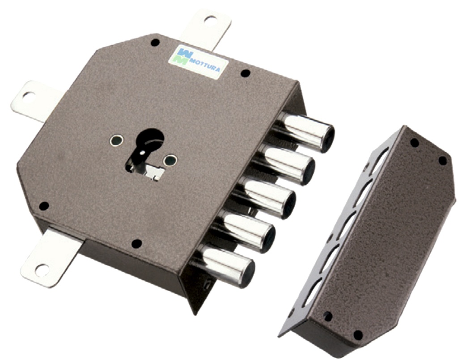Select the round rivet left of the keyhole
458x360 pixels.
(116, 141)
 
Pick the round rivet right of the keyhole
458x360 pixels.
(170, 160)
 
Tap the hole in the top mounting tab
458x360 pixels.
(210, 19)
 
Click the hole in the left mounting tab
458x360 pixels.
(28, 95)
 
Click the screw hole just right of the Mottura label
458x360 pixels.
(245, 73)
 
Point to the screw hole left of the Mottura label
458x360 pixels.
(155, 42)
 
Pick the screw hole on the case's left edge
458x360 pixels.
(44, 206)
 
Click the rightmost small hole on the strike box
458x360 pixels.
(442, 160)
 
